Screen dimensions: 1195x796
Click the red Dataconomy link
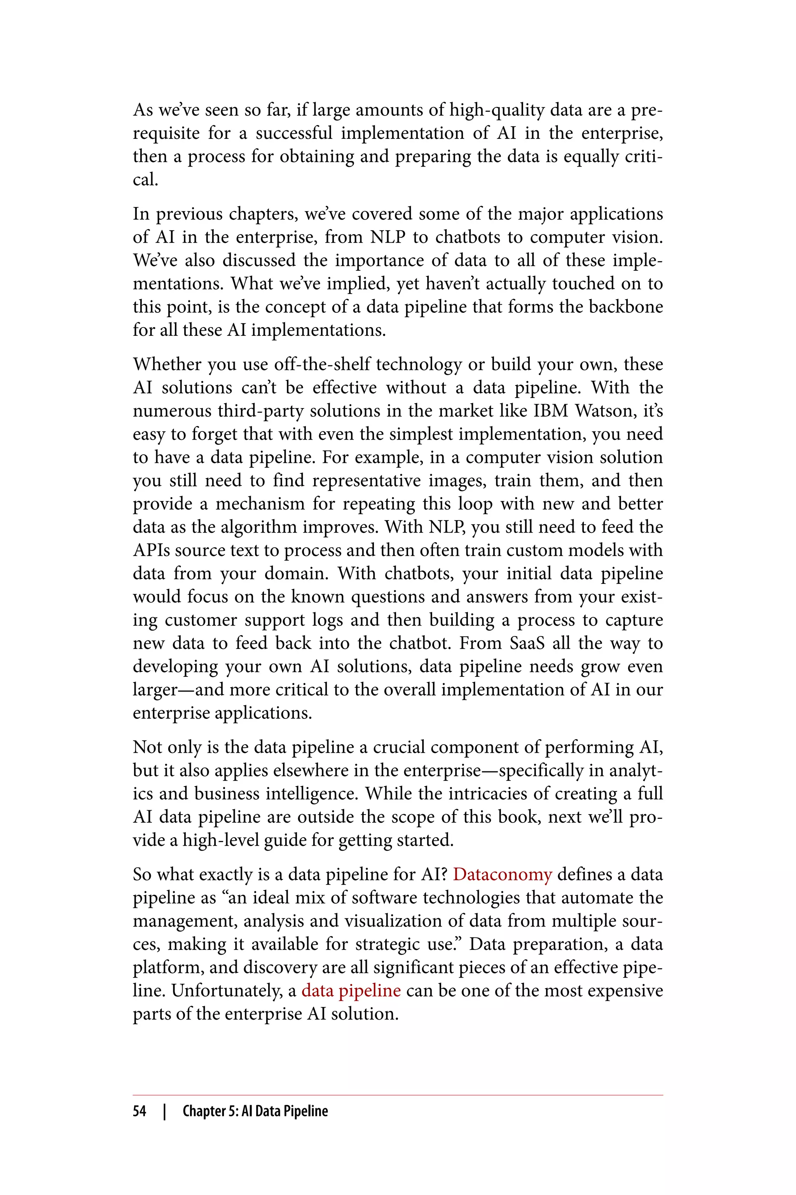pos(502,874)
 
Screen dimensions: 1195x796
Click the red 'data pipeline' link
pos(351,990)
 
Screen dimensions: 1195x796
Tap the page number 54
pos(140,1111)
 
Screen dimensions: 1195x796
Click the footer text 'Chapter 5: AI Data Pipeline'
pos(255,1111)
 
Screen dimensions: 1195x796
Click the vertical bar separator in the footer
pos(164,1111)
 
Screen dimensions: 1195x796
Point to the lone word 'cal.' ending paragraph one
pos(146,179)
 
